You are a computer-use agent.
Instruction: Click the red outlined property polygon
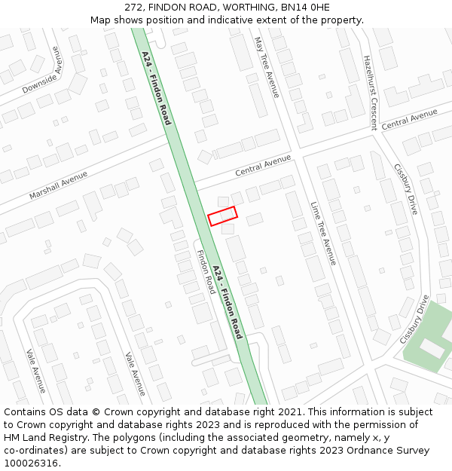(x=222, y=216)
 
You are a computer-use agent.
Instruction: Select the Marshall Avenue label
(x=58, y=185)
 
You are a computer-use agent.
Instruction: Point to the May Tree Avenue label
(x=267, y=67)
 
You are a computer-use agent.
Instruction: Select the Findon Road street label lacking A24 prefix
(x=206, y=272)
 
